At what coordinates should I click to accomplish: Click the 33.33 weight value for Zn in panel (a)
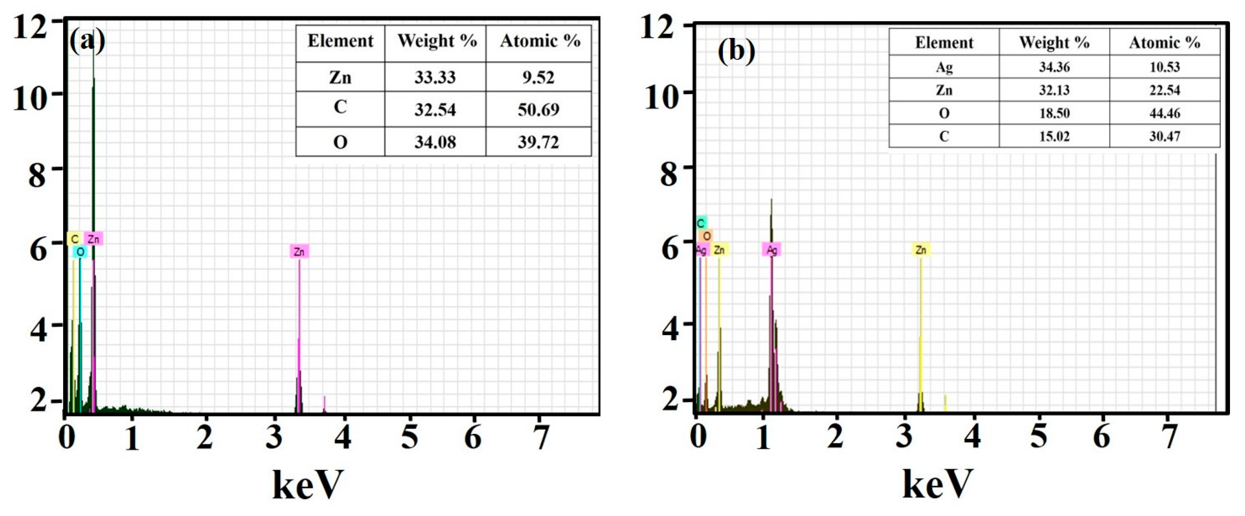[435, 77]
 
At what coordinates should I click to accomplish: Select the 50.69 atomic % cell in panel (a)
[539, 109]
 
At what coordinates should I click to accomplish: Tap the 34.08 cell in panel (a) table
[435, 142]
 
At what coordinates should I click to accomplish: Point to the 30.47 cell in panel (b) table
[1164, 136]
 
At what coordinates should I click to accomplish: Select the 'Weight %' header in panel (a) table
[437, 41]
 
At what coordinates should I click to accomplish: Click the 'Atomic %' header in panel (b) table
[1164, 43]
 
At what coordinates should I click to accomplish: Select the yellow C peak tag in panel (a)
[74, 239]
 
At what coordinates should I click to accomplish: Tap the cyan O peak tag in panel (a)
[80, 252]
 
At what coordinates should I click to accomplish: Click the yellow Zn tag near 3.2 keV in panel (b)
[921, 249]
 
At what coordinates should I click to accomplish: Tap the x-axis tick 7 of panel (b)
[1169, 437]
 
